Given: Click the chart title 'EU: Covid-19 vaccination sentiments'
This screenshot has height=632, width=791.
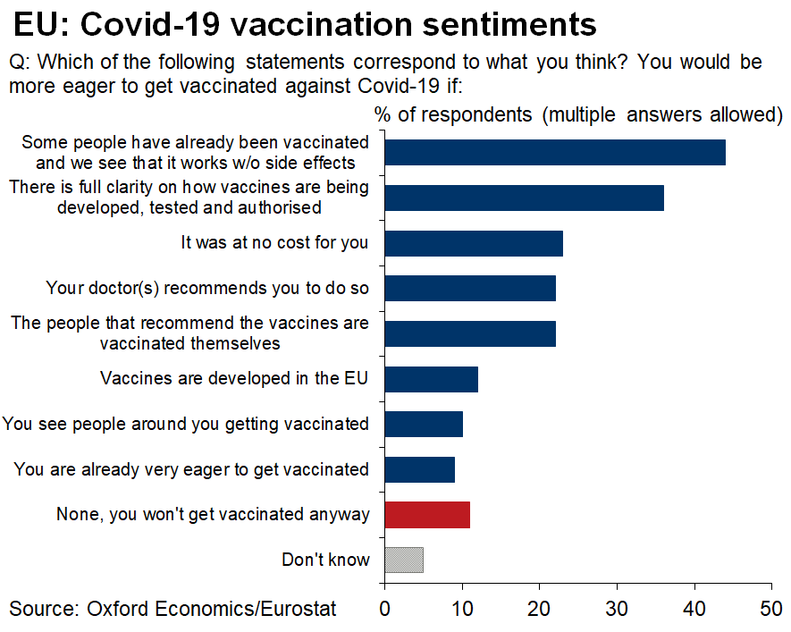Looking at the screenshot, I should [x=305, y=24].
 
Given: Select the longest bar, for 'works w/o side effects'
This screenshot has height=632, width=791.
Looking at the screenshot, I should [x=554, y=153].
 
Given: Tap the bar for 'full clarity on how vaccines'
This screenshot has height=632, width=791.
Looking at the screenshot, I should [x=524, y=198].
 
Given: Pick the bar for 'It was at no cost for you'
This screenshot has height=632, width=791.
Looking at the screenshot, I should [x=474, y=243].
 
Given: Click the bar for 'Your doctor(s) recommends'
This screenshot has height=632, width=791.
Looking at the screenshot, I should [x=470, y=288].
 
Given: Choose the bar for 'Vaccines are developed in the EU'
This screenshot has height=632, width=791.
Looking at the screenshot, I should [x=431, y=379].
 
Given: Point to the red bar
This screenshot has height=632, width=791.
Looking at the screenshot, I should [x=427, y=515].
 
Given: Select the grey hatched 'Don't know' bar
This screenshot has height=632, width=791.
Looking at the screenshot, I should [x=404, y=560].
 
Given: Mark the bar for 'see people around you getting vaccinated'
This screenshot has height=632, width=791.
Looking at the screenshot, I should [x=424, y=424].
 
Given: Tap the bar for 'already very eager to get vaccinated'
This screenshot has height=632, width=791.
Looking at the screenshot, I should [x=419, y=469].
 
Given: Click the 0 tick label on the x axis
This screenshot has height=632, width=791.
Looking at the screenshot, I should [x=385, y=610].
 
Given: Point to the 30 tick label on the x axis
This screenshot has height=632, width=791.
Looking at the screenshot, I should [x=617, y=610].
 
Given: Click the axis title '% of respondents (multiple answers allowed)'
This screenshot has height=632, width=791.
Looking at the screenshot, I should [x=578, y=114].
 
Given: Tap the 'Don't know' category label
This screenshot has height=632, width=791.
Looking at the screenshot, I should [x=325, y=560].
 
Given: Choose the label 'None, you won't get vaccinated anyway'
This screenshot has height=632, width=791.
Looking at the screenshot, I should [x=213, y=515].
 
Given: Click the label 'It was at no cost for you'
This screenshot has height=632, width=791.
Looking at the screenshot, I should [x=274, y=242].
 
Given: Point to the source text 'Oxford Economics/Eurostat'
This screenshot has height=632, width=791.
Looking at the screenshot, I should [x=212, y=610].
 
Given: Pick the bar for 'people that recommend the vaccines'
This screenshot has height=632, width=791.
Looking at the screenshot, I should [x=470, y=333].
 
